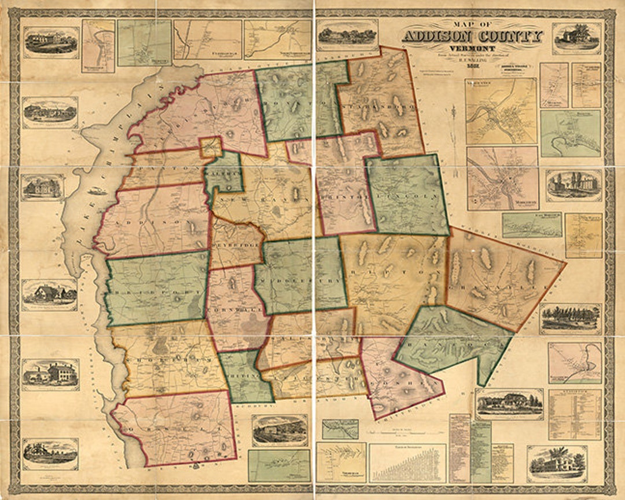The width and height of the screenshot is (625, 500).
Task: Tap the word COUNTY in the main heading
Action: [509, 37]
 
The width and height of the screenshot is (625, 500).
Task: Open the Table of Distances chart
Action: [407, 463]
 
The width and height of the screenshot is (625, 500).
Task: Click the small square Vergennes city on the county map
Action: [211, 147]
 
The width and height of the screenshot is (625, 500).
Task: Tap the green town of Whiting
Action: [246, 377]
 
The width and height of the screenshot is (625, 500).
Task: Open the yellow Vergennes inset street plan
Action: [501, 111]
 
